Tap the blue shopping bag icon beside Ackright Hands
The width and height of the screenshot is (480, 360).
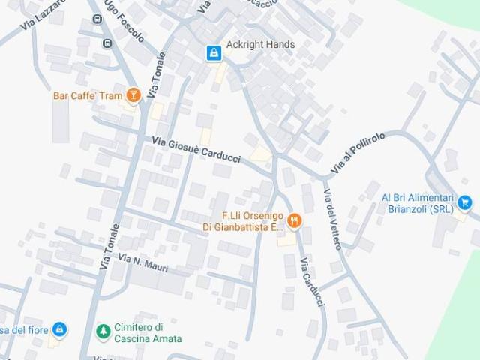coord(214,52)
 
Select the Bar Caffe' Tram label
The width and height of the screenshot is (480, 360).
coord(88,95)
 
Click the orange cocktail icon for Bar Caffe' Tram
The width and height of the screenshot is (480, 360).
coord(133,95)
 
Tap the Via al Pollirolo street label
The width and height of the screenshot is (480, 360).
coord(358,154)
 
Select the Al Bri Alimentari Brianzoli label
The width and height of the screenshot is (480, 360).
coord(417,203)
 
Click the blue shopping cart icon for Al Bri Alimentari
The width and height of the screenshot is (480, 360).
coord(465,202)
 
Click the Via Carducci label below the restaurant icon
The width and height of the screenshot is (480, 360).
coord(312,281)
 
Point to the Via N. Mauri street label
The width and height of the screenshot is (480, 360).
coord(143,263)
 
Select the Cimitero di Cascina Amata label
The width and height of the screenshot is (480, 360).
coord(148,333)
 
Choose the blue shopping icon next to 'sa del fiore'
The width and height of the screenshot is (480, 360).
coord(59,329)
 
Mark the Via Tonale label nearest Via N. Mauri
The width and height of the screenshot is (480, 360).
coord(109,247)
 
